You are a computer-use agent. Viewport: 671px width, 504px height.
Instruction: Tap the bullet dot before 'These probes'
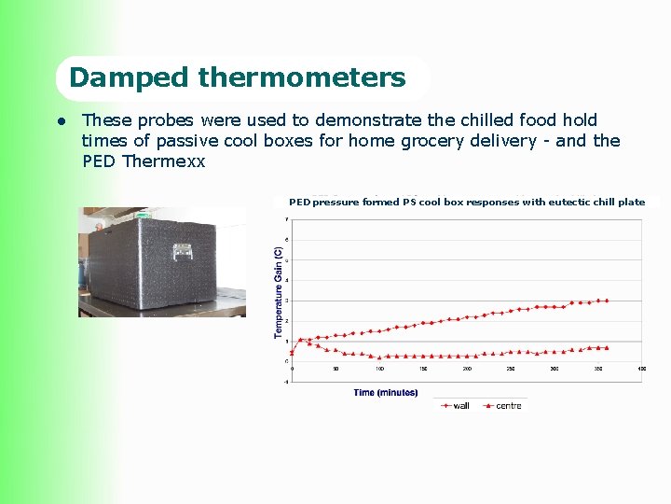tap(60, 120)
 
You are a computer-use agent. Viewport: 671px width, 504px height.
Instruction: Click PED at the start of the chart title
tap(299, 202)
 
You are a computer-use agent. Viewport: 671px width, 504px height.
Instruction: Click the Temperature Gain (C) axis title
tap(278, 293)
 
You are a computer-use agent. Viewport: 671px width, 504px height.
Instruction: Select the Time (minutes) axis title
tap(385, 393)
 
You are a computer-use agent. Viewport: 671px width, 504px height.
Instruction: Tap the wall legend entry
tap(456, 406)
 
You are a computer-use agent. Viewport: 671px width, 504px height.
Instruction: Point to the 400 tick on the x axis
tap(641, 369)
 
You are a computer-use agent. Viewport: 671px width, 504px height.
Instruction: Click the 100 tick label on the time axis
tap(379, 369)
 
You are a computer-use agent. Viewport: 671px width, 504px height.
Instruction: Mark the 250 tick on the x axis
tap(511, 369)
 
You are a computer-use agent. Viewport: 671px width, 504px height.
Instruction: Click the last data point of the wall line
tap(607, 301)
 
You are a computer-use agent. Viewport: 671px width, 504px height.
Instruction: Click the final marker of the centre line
tap(607, 348)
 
